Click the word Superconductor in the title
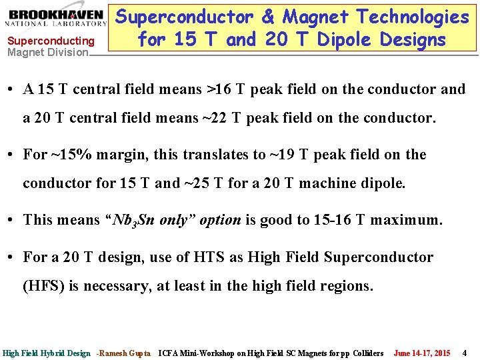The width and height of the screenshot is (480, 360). click(x=190, y=17)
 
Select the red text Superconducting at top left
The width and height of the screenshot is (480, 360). click(x=51, y=41)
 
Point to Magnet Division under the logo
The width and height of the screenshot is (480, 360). click(x=47, y=52)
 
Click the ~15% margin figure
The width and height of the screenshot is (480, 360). click(x=74, y=154)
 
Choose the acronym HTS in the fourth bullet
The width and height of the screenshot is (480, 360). click(x=207, y=257)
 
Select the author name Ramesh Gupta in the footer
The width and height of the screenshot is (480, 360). click(x=127, y=353)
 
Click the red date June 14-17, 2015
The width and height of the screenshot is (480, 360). click(x=422, y=353)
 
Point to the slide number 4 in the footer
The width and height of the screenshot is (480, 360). click(x=465, y=353)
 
